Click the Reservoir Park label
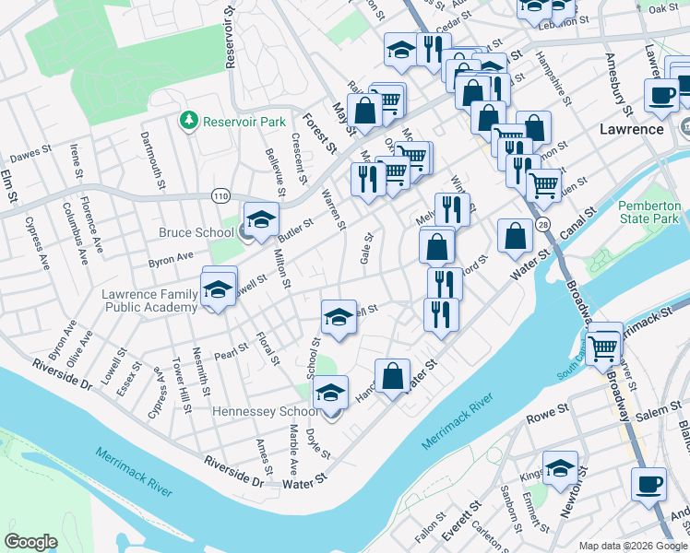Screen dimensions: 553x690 tap(244, 121)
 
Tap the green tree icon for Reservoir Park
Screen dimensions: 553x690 tap(189, 121)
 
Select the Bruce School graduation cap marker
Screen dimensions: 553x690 tap(261, 220)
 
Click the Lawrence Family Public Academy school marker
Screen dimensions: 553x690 tap(219, 288)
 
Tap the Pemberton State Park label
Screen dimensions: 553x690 tap(648, 212)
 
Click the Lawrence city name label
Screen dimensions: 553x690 tap(632, 129)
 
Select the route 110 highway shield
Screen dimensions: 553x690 tap(220, 195)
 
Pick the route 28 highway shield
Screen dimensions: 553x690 tap(543, 225)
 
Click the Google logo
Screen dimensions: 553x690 tap(31, 541)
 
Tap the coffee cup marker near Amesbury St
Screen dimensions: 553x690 tap(661, 96)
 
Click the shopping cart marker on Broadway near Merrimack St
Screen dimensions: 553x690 tap(603, 347)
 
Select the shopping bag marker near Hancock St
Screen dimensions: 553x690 tap(392, 376)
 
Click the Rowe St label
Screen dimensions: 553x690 tap(545, 418)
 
